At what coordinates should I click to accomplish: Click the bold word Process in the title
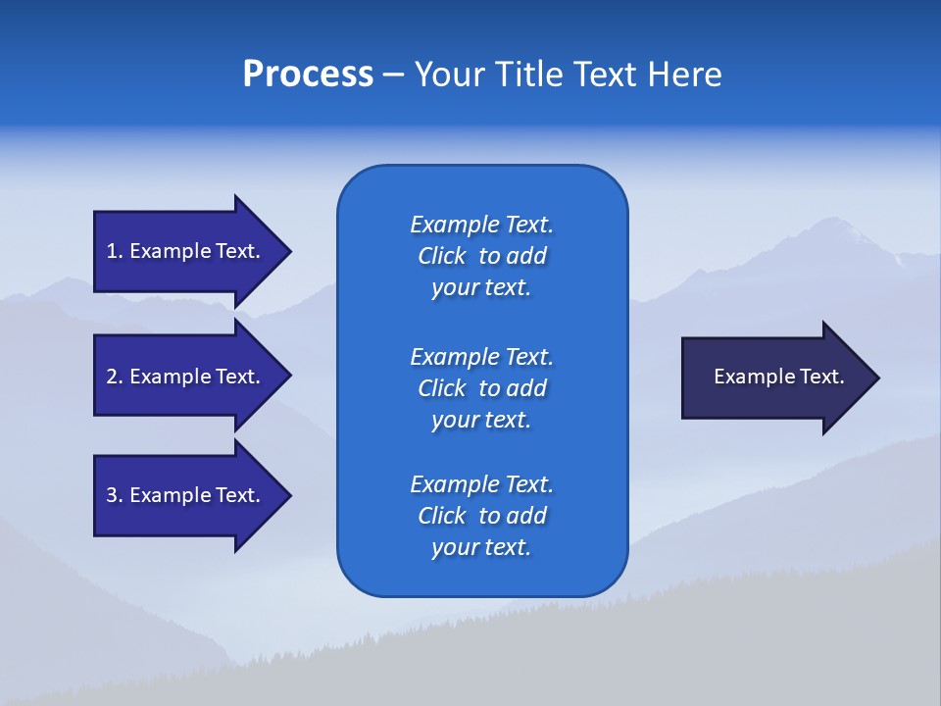click(308, 75)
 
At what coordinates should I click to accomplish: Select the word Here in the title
click(684, 75)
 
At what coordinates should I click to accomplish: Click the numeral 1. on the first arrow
click(115, 251)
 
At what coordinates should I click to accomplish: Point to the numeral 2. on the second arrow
click(115, 377)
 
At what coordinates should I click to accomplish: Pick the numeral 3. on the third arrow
click(115, 495)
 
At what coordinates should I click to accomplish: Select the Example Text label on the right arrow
click(779, 377)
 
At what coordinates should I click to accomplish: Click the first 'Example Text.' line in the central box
click(481, 225)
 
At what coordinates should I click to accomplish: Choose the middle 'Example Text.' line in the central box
click(481, 357)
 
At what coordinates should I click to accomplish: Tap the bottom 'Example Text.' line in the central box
click(481, 484)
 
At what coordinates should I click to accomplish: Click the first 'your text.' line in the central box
click(481, 288)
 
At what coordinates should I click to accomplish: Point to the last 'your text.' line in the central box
click(481, 548)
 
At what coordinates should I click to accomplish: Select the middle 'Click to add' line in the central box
click(481, 388)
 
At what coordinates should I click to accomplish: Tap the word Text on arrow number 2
click(237, 377)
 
